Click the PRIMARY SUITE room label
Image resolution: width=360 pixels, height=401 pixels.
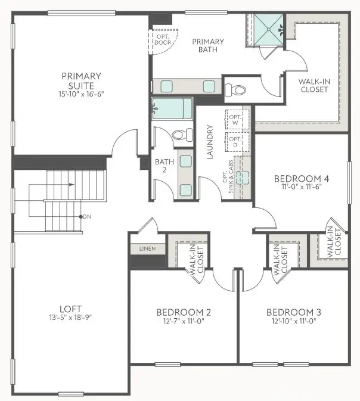pos(81,80)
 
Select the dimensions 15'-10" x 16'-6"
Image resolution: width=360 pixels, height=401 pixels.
pos(81,94)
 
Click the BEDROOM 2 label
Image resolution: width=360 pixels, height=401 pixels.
pos(183,312)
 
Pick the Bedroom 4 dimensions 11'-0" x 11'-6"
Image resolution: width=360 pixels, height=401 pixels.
pos(302,186)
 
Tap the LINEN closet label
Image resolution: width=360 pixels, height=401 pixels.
pos(147,248)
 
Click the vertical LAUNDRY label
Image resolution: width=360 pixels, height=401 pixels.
pos(210,142)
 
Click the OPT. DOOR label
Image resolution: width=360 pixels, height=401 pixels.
pos(162,39)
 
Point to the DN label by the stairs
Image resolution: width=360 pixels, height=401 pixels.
pos(87,216)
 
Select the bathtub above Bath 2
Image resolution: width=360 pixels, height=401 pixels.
pos(172,110)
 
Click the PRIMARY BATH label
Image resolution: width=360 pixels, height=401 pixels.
pos(207,45)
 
